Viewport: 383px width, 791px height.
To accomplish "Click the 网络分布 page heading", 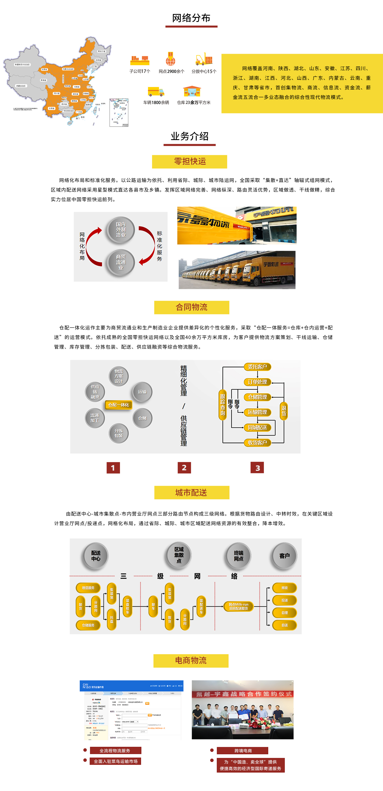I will (x=191, y=18).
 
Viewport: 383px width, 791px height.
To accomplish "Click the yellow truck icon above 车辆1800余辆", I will (x=156, y=92).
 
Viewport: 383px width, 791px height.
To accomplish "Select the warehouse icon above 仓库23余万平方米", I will (x=192, y=91).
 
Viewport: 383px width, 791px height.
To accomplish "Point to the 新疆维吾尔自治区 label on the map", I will (x=22, y=64).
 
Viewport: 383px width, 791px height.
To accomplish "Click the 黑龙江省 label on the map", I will (x=102, y=51).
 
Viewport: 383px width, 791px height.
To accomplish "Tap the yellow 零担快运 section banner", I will (x=190, y=161).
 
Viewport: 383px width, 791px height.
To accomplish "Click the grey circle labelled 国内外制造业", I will (x=121, y=230).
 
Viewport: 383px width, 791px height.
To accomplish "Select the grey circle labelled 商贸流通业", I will (x=121, y=262).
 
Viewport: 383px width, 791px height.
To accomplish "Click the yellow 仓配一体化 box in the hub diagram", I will (x=118, y=405).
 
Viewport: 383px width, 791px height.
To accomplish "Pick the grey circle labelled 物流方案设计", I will (x=118, y=376).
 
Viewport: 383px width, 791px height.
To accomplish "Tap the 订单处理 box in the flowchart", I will (x=257, y=382).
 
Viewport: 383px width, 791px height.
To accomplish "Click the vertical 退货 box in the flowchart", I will (x=284, y=411).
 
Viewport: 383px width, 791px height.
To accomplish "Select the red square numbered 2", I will (x=184, y=468).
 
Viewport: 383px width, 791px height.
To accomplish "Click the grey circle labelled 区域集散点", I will (x=179, y=555).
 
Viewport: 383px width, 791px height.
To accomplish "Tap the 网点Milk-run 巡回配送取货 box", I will (x=238, y=606).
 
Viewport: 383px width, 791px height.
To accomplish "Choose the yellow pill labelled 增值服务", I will (x=88, y=588).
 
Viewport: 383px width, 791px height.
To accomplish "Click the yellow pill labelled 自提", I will (x=284, y=613).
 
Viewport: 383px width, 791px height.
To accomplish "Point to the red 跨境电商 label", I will (x=243, y=750).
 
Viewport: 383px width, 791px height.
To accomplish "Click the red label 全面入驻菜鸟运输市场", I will (x=115, y=761).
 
